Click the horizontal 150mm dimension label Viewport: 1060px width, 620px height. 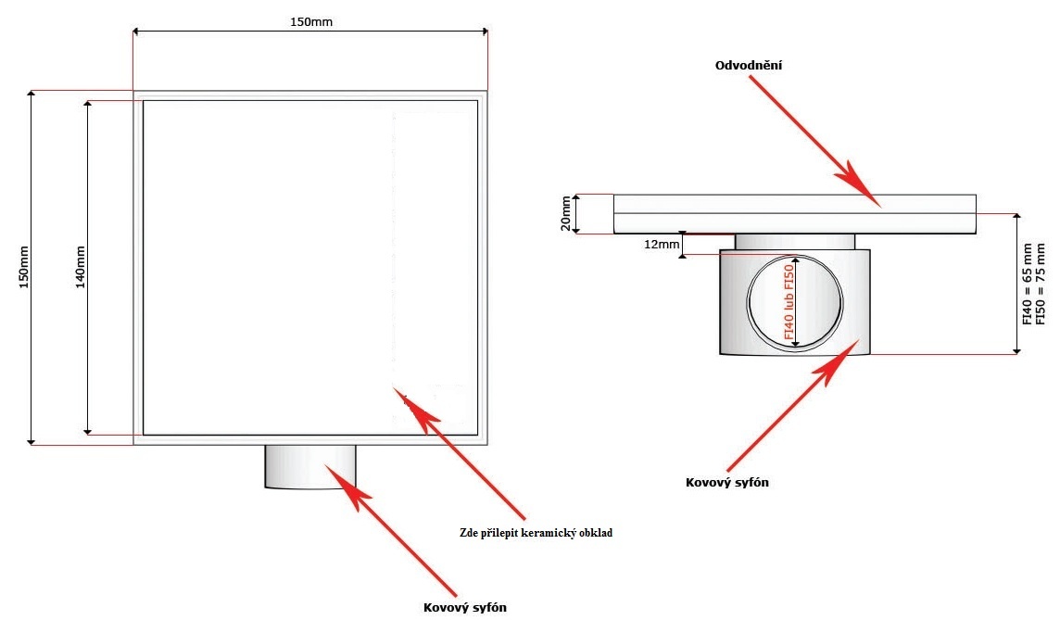click(x=309, y=22)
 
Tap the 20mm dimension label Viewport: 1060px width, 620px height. click(x=567, y=214)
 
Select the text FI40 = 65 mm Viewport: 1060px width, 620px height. click(x=1028, y=283)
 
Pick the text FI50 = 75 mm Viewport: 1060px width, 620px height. click(x=1041, y=283)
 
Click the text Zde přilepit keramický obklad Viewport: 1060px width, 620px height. click(x=536, y=533)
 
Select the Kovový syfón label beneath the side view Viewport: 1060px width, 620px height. click(x=727, y=482)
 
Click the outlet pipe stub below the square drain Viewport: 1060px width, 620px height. click(x=310, y=467)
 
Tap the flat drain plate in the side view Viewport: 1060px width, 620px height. click(x=795, y=214)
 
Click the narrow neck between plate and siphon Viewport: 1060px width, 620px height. click(x=795, y=242)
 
